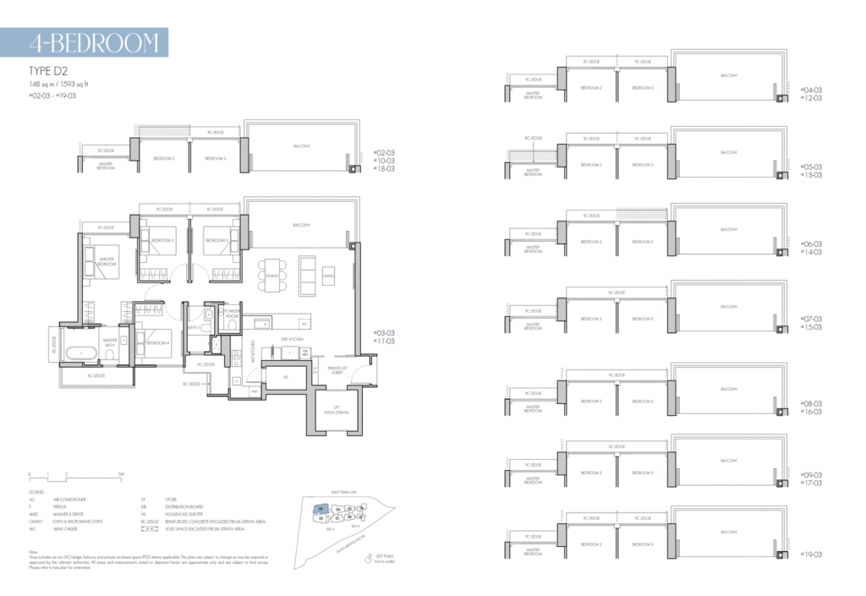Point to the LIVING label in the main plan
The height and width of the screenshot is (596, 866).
click(x=330, y=274)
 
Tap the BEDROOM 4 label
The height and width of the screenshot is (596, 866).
click(x=162, y=342)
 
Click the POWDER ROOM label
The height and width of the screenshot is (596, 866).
click(x=233, y=313)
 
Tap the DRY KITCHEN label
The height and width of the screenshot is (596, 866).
click(x=292, y=339)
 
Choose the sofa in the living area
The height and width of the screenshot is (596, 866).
click(x=307, y=273)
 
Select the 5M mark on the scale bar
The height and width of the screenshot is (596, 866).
click(x=122, y=474)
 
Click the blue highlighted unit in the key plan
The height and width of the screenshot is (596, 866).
click(x=322, y=509)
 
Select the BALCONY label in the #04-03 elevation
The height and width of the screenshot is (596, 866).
click(x=728, y=76)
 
